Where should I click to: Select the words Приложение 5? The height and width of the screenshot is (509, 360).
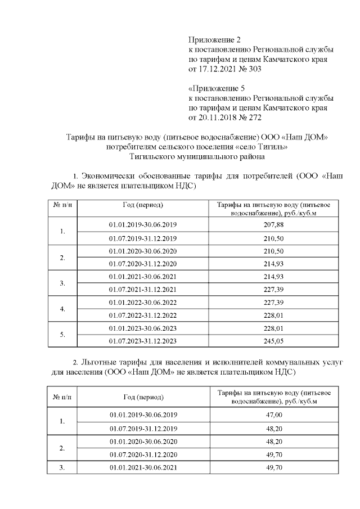tap(214, 88)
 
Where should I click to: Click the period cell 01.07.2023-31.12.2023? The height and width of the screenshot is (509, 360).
tap(143, 340)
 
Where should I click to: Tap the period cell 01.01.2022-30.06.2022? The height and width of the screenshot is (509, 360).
tap(143, 302)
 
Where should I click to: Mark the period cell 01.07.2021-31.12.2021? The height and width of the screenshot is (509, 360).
tap(143, 289)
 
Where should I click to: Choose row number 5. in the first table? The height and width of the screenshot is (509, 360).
tap(62, 334)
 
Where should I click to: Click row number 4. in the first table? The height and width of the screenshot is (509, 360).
tap(62, 309)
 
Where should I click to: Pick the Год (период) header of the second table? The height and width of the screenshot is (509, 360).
tap(143, 397)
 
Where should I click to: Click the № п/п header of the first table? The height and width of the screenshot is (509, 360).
tap(62, 206)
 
